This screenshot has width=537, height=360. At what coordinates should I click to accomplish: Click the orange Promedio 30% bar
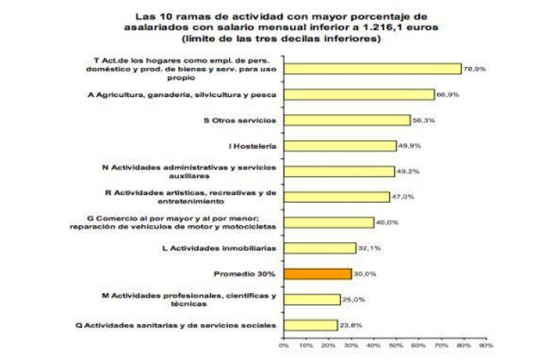pos(317,274)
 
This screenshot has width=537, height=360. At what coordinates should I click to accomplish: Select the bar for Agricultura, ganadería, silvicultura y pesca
pos(358,95)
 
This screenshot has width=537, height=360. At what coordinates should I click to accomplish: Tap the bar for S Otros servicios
pos(347,120)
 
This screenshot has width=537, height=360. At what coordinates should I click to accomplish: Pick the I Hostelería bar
pos(339,145)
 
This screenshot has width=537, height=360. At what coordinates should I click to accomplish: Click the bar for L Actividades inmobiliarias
pos(319,247)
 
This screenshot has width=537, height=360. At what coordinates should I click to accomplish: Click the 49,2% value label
pos(407,171)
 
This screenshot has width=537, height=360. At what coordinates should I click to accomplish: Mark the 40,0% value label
pos(386,222)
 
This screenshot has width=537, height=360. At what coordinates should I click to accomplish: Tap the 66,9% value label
pos(447,95)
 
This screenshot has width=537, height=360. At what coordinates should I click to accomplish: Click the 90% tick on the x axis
pos(486,345)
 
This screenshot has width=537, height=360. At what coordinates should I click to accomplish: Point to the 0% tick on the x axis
pos(283,345)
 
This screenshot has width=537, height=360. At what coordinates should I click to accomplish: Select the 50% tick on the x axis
pos(396,345)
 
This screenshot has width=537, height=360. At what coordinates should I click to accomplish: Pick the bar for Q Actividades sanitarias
pos(310,325)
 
